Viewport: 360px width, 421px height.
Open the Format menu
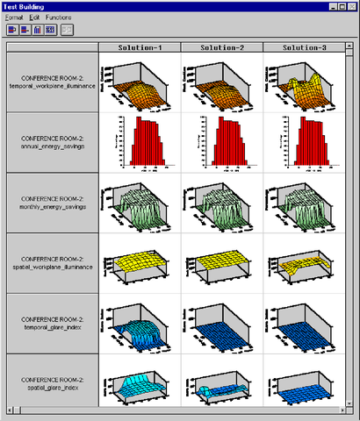pyautogui.click(x=15, y=18)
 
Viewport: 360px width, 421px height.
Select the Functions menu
pyautogui.click(x=59, y=18)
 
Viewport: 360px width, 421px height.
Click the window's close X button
pyautogui.click(x=350, y=6)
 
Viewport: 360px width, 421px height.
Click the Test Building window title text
pyautogui.click(x=25, y=6)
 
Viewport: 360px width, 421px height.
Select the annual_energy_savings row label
pyautogui.click(x=52, y=142)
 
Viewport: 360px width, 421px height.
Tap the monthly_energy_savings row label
pyautogui.click(x=52, y=203)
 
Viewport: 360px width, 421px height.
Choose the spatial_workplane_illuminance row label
pyautogui.click(x=52, y=263)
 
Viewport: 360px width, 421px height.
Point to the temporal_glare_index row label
pyautogui.click(x=52, y=323)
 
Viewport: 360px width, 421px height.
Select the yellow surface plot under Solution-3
pyautogui.click(x=302, y=263)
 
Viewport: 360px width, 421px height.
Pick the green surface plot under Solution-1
pyautogui.click(x=139, y=203)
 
